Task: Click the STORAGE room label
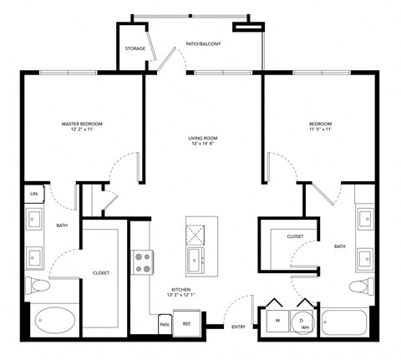135,48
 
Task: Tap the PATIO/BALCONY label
203,43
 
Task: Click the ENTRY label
238,327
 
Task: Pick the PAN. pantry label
165,324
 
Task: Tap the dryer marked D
301,321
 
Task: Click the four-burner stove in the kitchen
143,261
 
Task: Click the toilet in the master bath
38,286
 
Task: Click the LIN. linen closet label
33,194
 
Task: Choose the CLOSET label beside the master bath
101,272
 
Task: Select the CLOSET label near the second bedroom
295,236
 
